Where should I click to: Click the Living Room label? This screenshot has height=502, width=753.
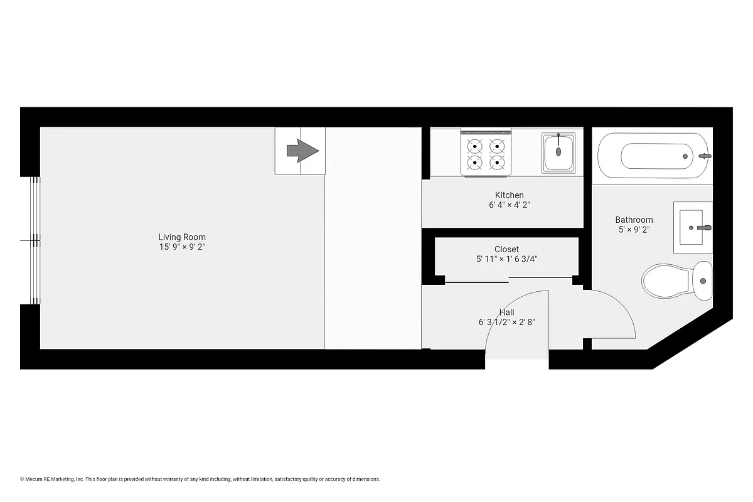pyautogui.click(x=181, y=237)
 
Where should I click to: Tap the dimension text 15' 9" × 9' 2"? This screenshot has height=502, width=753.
pyautogui.click(x=181, y=247)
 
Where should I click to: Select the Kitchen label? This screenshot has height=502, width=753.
pyautogui.click(x=509, y=195)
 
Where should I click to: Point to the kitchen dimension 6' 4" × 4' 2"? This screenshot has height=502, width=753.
pyautogui.click(x=509, y=205)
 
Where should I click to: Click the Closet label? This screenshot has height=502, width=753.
pyautogui.click(x=506, y=249)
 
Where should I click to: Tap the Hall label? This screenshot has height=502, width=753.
pyautogui.click(x=506, y=312)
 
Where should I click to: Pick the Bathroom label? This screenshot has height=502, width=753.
pyautogui.click(x=634, y=220)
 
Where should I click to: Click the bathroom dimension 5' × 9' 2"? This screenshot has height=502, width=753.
pyautogui.click(x=634, y=230)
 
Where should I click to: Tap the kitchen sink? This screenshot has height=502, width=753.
pyautogui.click(x=559, y=152)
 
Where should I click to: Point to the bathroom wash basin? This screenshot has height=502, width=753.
pyautogui.click(x=693, y=227)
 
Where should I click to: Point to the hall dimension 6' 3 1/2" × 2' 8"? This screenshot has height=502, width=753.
pyautogui.click(x=506, y=323)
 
